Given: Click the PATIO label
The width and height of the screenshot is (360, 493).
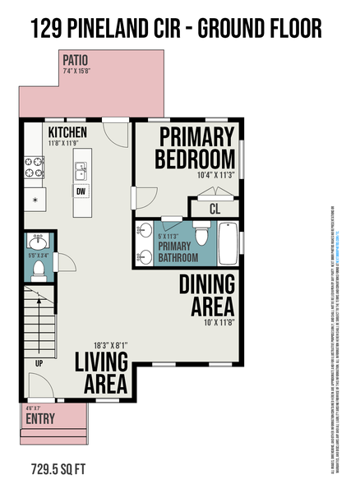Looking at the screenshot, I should coord(76,61).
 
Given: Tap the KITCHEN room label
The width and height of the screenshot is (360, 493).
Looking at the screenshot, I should coord(67,132).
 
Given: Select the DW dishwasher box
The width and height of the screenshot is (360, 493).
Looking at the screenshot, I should coord(81,191).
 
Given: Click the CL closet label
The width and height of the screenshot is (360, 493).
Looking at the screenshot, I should coord(214,209).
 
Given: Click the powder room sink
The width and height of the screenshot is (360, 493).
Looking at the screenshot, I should coord(38,241).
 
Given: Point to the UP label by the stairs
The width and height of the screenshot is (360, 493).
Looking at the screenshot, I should coord(38,362).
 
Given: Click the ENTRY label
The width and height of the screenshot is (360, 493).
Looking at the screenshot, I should coord(41,419).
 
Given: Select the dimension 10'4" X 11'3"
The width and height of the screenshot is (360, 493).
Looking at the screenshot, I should coord(215,175).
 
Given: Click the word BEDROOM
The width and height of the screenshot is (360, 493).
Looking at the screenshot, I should coord(196,157).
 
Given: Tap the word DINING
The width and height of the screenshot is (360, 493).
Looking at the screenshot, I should coord(207,284).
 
